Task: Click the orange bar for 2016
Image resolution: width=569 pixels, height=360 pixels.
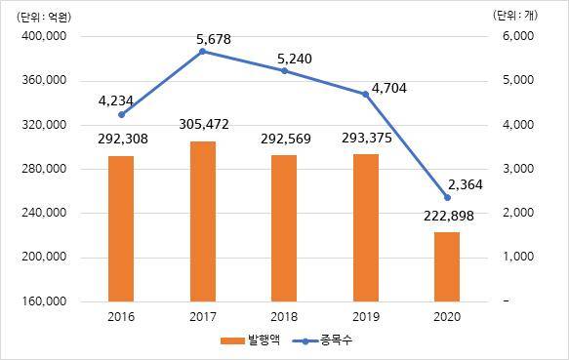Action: click(x=121, y=228)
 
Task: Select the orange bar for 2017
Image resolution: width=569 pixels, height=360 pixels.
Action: click(x=202, y=221)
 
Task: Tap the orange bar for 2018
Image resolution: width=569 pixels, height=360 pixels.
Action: click(x=284, y=228)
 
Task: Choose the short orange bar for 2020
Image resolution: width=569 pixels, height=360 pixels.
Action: click(x=446, y=266)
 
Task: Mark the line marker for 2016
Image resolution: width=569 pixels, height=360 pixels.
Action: click(x=121, y=114)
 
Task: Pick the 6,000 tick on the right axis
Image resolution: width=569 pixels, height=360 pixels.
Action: click(x=516, y=36)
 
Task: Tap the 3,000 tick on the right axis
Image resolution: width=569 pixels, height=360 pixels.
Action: click(x=516, y=169)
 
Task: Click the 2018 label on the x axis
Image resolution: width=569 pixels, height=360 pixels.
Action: click(x=284, y=316)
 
